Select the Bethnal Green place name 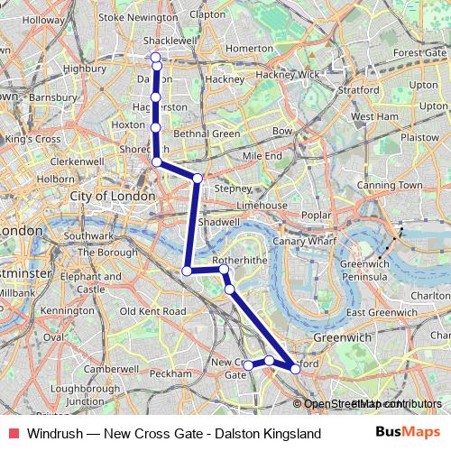point(207,134)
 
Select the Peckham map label point(179,373)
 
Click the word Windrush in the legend point(53,434)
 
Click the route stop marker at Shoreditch point(157,161)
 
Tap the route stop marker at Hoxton point(156,128)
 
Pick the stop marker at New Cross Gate point(249,365)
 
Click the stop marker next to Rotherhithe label point(224,269)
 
